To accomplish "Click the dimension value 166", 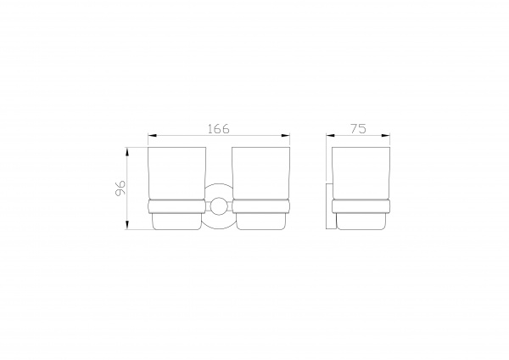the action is tap(219, 129).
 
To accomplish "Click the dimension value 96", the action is tap(120, 188).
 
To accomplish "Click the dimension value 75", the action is tap(358, 129).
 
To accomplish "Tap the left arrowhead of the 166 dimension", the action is tap(153, 135).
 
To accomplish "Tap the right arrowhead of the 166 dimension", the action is tap(285, 135).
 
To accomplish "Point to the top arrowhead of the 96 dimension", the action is tap(127, 152).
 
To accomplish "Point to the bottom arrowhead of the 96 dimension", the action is tap(127, 225).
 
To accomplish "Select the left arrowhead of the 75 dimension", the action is tap(331, 135).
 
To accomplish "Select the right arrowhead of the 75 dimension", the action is tap(386, 135).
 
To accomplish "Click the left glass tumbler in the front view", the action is tap(177, 173).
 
